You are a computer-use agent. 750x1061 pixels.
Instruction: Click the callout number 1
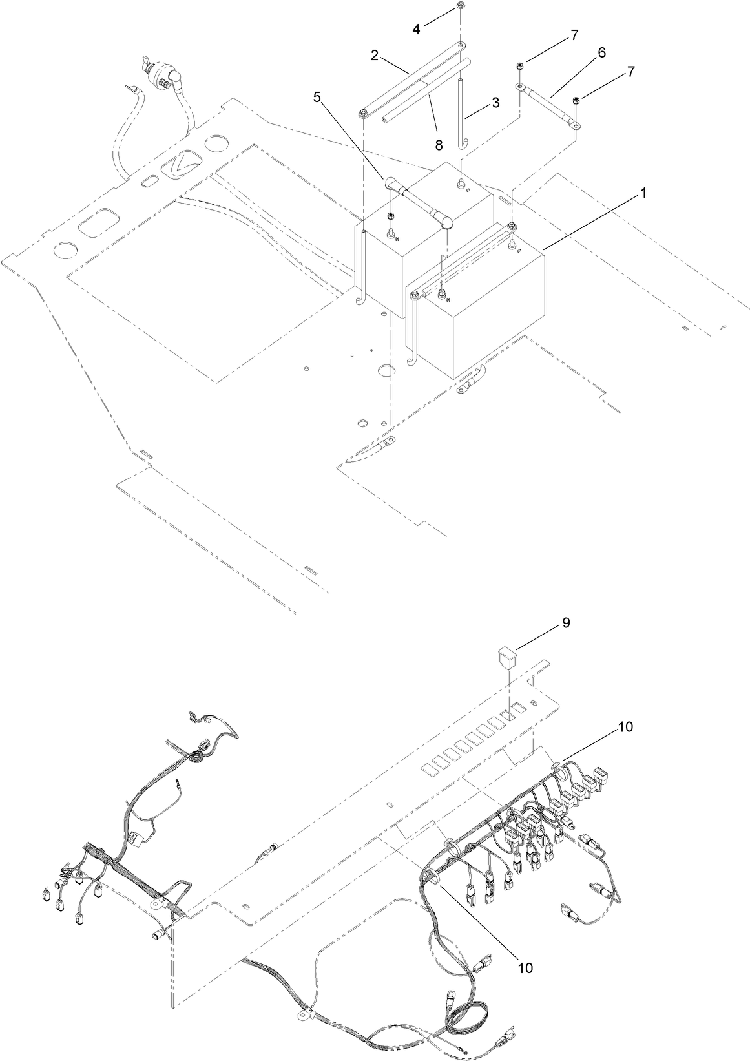pos(643,193)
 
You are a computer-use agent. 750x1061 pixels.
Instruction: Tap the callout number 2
pos(375,56)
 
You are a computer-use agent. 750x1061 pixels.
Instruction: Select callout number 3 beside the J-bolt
pos(495,103)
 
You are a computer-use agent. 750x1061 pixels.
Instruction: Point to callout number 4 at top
pos(417,29)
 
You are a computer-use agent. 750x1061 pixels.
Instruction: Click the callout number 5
pos(317,97)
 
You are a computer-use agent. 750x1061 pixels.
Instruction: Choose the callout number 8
pos(439,145)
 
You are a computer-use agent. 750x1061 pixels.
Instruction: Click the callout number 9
pos(566,623)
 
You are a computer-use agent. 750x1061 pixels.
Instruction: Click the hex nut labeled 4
pos(459,6)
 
